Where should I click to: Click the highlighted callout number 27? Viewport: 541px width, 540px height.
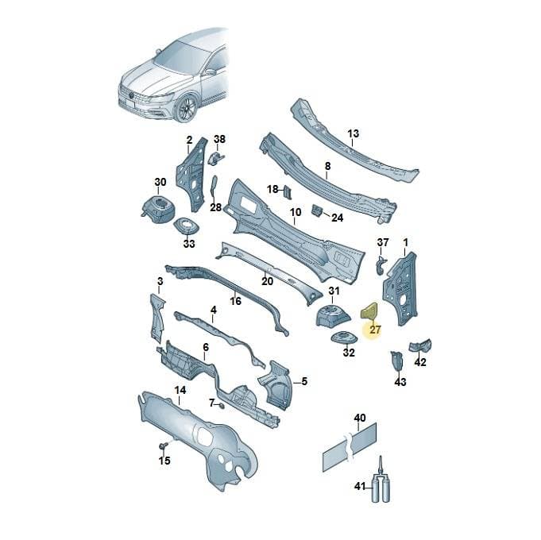click(375, 330)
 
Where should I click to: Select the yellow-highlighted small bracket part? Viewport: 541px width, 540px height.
click(369, 310)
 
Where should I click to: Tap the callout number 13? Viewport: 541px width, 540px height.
click(353, 133)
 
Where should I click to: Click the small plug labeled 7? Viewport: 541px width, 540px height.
click(222, 405)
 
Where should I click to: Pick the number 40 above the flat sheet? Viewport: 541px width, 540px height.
click(360, 418)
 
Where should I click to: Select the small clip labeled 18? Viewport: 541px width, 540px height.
click(288, 191)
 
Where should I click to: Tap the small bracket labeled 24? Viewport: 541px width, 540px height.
click(317, 210)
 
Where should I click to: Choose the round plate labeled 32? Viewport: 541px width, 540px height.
click(344, 337)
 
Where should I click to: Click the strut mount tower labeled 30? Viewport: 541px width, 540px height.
click(158, 207)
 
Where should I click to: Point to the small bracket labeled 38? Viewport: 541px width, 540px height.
click(216, 157)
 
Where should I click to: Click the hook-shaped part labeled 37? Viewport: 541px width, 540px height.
click(380, 265)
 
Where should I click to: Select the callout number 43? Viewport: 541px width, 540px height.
click(400, 382)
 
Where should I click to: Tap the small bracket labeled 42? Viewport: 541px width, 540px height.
click(420, 345)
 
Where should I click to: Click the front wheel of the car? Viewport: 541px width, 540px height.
click(187, 107)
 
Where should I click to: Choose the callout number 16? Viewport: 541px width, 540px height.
click(235, 301)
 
